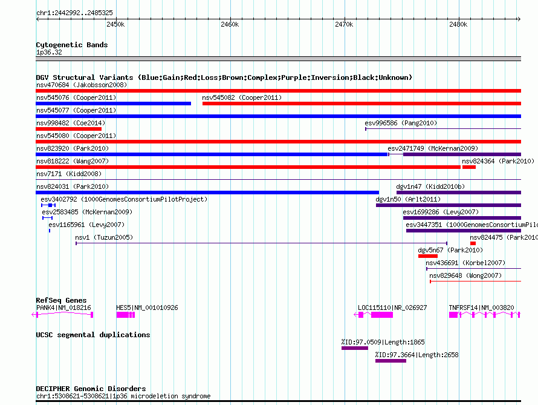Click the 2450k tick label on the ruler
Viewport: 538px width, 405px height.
click(x=115, y=24)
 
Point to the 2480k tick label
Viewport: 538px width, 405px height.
click(x=458, y=24)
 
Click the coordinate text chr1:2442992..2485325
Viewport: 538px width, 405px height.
click(x=74, y=13)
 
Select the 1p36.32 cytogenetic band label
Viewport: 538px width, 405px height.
click(x=49, y=52)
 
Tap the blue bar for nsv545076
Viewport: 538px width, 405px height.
click(x=113, y=104)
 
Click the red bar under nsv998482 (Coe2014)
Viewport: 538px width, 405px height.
click(x=69, y=129)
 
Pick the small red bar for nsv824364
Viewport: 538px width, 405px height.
click(x=469, y=167)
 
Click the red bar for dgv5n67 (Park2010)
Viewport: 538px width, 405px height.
click(x=428, y=256)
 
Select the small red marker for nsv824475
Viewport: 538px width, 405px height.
click(x=473, y=243)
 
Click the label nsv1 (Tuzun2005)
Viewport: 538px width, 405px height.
click(x=104, y=237)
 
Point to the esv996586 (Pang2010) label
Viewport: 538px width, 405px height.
click(x=401, y=123)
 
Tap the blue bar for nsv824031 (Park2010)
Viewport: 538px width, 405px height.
click(x=207, y=193)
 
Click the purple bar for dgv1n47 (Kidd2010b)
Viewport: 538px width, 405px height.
click(x=459, y=193)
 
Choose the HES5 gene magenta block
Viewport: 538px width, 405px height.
click(x=126, y=315)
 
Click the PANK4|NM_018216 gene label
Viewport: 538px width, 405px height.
click(x=63, y=308)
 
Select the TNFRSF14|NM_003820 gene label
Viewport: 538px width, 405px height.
click(x=481, y=308)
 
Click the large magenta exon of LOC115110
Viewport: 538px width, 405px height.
click(x=382, y=315)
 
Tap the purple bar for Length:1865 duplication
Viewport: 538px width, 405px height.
click(x=355, y=348)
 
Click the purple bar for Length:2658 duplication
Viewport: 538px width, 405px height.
click(x=391, y=361)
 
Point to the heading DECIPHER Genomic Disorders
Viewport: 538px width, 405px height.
click(x=91, y=389)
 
